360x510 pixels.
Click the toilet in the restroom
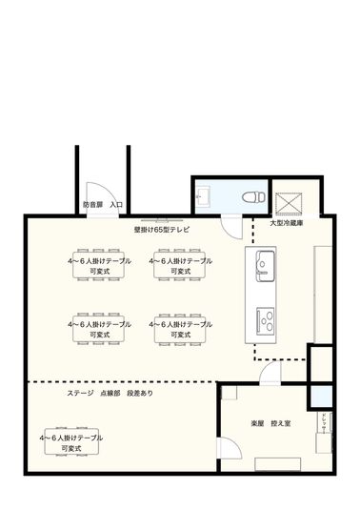coord(250,197)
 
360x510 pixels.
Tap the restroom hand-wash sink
coord(203,197)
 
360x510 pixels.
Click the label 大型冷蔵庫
coord(286,222)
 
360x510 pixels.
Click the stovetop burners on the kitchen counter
coord(264,316)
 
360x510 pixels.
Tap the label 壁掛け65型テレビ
coord(161,230)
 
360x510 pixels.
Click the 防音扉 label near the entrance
coord(92,204)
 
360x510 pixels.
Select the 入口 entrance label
coord(116,204)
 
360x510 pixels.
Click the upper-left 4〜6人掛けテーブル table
coord(100,265)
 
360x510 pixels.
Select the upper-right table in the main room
coord(181,265)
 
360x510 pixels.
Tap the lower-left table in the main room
coord(100,329)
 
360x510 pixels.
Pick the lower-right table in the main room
coord(181,329)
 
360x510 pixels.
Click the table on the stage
coord(71,441)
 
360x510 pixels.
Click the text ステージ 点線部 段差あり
coord(109,393)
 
